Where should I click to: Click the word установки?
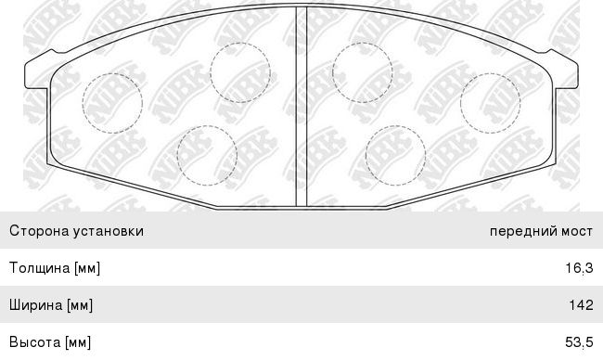[x=109, y=231]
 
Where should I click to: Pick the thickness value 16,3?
[x=579, y=268]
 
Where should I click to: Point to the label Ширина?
[x=36, y=305]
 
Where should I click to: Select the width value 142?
[x=581, y=305]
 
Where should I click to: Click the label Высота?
[x=35, y=342]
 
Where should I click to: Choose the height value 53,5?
[x=579, y=342]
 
